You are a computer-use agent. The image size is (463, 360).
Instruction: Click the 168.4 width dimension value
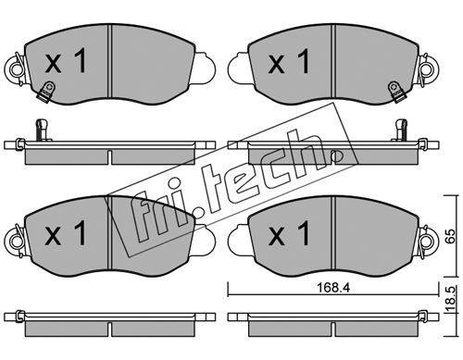click(332, 288)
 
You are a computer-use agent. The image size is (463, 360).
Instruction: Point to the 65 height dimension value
click(451, 236)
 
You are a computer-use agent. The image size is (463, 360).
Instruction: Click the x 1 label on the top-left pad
click(66, 62)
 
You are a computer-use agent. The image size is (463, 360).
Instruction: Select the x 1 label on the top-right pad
click(289, 62)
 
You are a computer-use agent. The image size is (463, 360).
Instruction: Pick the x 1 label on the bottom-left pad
click(66, 233)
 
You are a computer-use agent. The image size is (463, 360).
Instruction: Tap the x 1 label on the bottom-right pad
click(289, 233)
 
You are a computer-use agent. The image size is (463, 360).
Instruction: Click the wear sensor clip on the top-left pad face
click(45, 91)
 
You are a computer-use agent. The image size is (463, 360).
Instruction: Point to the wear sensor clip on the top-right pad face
click(395, 92)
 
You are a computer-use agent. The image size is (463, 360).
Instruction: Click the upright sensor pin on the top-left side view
click(42, 130)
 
